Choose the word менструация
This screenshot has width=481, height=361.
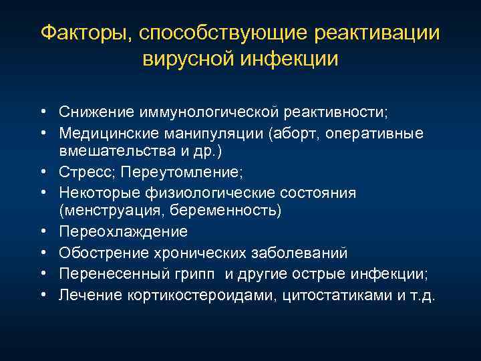pyautogui.click(x=104, y=211)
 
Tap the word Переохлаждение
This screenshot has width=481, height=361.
pyautogui.click(x=124, y=231)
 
